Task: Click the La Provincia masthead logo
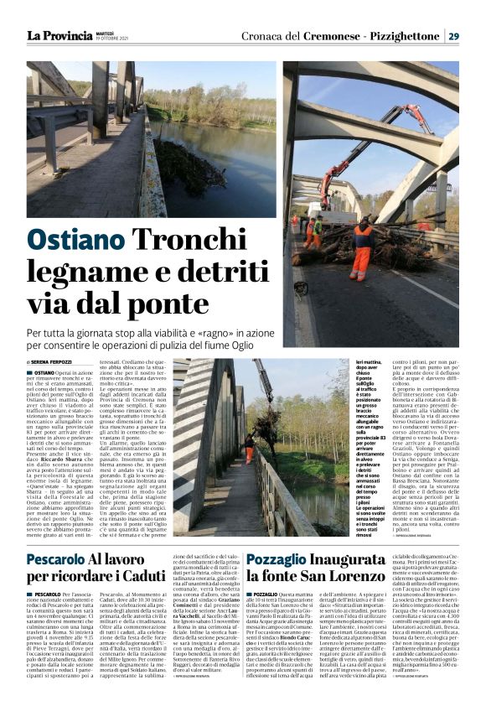click(x=59, y=35)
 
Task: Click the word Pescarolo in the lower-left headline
click(x=55, y=559)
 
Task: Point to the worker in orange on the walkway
click(x=248, y=449)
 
